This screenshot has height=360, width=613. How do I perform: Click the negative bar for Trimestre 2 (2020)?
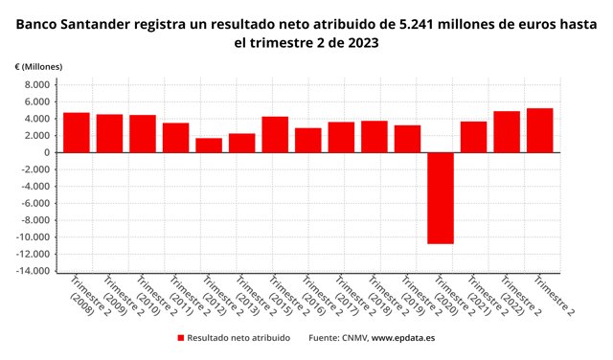pos(441,197)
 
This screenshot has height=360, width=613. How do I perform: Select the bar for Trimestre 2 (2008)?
pos(77,132)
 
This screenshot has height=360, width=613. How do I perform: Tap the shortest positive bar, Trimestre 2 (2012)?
pos(209,145)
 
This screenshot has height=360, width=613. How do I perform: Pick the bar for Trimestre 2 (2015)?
pos(275,134)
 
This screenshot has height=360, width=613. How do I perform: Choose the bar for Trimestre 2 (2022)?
pos(507,131)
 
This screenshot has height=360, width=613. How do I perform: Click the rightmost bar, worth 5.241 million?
pos(540,130)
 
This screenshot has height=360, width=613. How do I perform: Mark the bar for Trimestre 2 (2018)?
pos(375,136)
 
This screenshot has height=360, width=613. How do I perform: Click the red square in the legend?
pos(180,338)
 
